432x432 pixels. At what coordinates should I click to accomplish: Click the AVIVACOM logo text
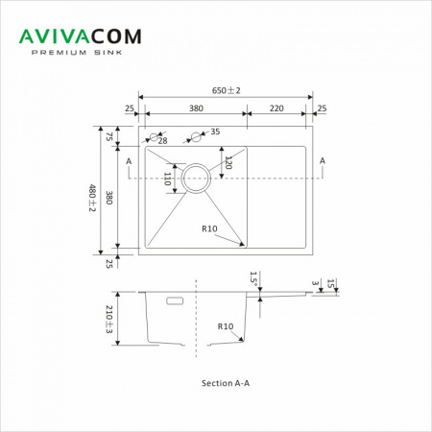point(80,36)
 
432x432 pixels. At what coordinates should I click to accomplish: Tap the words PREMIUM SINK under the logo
point(77,53)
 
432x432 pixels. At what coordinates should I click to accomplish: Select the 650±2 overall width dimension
point(226,90)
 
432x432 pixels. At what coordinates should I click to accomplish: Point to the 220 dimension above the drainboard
point(276,108)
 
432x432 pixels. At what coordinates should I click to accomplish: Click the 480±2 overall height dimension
point(92,198)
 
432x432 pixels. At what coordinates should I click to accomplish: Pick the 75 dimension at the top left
point(109,136)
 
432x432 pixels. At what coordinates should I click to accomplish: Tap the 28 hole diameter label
point(162,141)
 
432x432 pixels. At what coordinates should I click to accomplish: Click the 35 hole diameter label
point(215,132)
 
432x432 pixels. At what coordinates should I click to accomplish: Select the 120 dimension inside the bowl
point(228,162)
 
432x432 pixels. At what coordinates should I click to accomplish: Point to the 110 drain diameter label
point(167,179)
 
